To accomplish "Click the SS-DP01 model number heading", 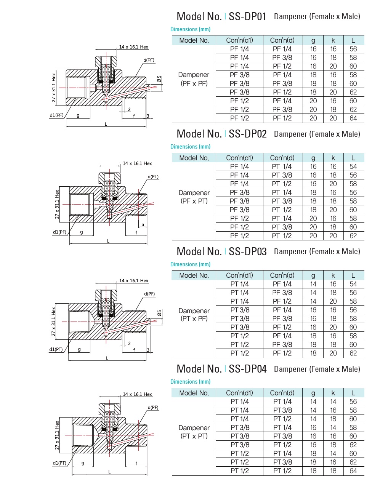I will point(247,17).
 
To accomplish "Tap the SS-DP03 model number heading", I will point(247,252).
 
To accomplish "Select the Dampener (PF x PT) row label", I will point(194,197).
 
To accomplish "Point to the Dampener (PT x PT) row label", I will point(194,432).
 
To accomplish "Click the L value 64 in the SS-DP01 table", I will point(353,118).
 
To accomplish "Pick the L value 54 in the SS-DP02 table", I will point(353,166).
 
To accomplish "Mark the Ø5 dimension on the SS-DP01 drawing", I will point(159,79).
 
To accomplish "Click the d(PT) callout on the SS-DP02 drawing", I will point(153,177).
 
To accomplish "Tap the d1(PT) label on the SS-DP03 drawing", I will point(56,349).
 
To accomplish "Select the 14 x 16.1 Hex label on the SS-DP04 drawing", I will point(137,394).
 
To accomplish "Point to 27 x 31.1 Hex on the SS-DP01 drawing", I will point(54,88).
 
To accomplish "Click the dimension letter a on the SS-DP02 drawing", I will point(143,225).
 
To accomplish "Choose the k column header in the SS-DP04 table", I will point(333,393).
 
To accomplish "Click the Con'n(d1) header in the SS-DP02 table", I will point(239,158).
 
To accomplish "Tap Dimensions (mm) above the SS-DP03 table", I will point(190,264).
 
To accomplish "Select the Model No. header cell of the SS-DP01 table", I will point(194,40).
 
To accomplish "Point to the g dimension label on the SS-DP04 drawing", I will point(83,463).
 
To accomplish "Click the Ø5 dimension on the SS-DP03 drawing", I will point(159,313).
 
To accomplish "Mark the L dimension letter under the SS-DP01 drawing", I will point(106,124).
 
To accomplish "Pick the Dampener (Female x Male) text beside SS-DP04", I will point(317,369).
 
